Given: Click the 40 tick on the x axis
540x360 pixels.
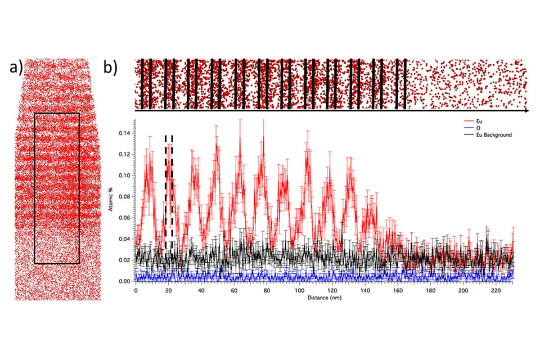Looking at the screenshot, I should [201, 291].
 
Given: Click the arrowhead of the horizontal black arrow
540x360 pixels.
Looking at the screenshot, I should [525, 111].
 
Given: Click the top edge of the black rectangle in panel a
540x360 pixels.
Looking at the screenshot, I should [57, 113].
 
